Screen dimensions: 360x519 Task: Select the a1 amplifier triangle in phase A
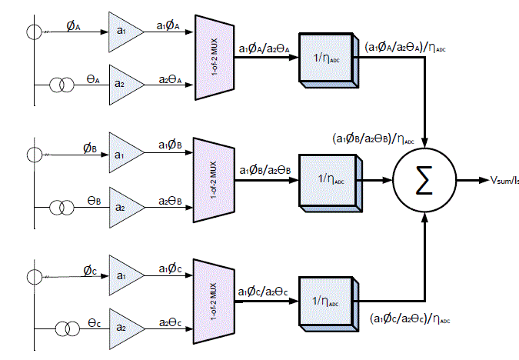(123, 28)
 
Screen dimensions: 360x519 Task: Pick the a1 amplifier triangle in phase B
(124, 154)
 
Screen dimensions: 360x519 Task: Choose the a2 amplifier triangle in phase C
(123, 327)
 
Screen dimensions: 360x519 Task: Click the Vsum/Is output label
(504, 180)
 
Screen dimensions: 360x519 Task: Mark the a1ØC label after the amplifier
(171, 269)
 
